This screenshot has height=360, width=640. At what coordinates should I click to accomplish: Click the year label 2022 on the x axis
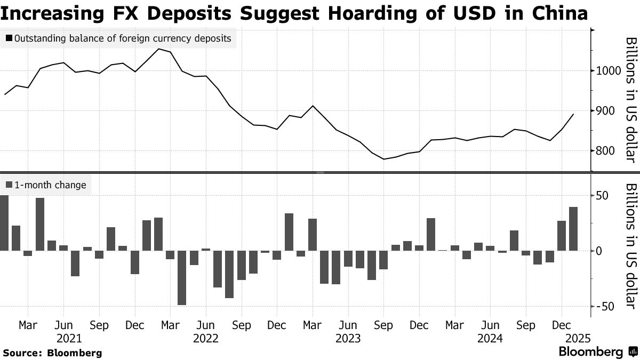(x=206, y=338)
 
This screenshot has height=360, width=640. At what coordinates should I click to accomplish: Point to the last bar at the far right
(x=573, y=229)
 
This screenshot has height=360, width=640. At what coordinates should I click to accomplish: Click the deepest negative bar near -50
(x=182, y=277)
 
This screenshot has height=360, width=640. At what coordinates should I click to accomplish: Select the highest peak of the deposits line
(x=158, y=49)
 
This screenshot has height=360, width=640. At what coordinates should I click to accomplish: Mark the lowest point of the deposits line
(x=383, y=159)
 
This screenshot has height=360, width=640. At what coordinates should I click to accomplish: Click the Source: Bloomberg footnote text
(x=52, y=353)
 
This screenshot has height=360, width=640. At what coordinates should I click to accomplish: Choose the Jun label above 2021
(x=63, y=325)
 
